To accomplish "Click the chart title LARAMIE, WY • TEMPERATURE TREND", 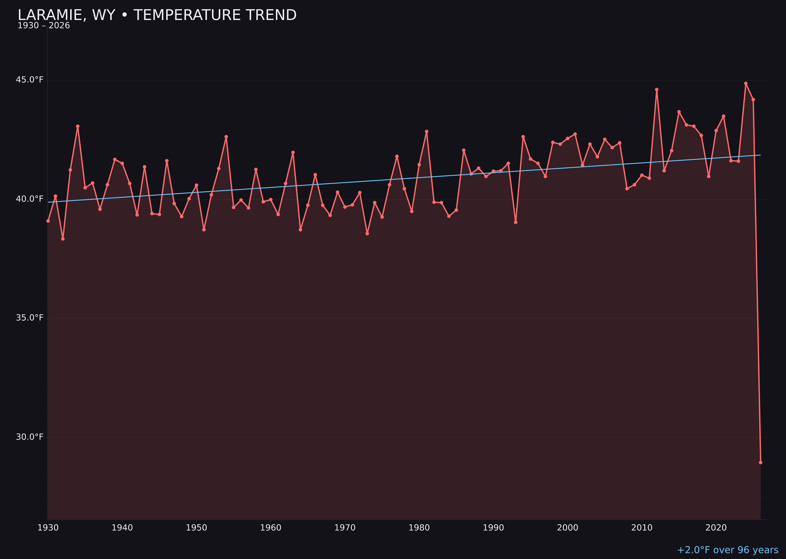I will click(x=157, y=15).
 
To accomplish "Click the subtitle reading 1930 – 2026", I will click(x=44, y=26).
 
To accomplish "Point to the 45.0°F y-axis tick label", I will click(x=30, y=80).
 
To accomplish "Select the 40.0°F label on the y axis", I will click(x=30, y=199).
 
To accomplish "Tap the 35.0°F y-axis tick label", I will click(x=30, y=318).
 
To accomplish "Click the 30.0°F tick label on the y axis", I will click(x=30, y=437).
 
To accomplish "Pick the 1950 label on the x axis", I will click(x=196, y=528).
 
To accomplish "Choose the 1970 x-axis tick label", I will click(x=345, y=528).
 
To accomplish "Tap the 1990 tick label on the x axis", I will click(x=493, y=528).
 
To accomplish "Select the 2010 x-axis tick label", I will click(x=642, y=528).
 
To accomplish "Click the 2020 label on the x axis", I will click(x=716, y=528).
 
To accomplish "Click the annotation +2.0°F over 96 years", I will click(x=727, y=550).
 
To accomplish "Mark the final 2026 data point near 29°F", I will click(x=760, y=462).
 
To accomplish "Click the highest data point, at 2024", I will click(x=746, y=83).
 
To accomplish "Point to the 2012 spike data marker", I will click(x=657, y=89).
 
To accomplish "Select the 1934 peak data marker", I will click(x=78, y=126).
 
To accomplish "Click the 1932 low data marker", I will click(x=63, y=239).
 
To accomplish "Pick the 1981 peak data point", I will click(x=426, y=131).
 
